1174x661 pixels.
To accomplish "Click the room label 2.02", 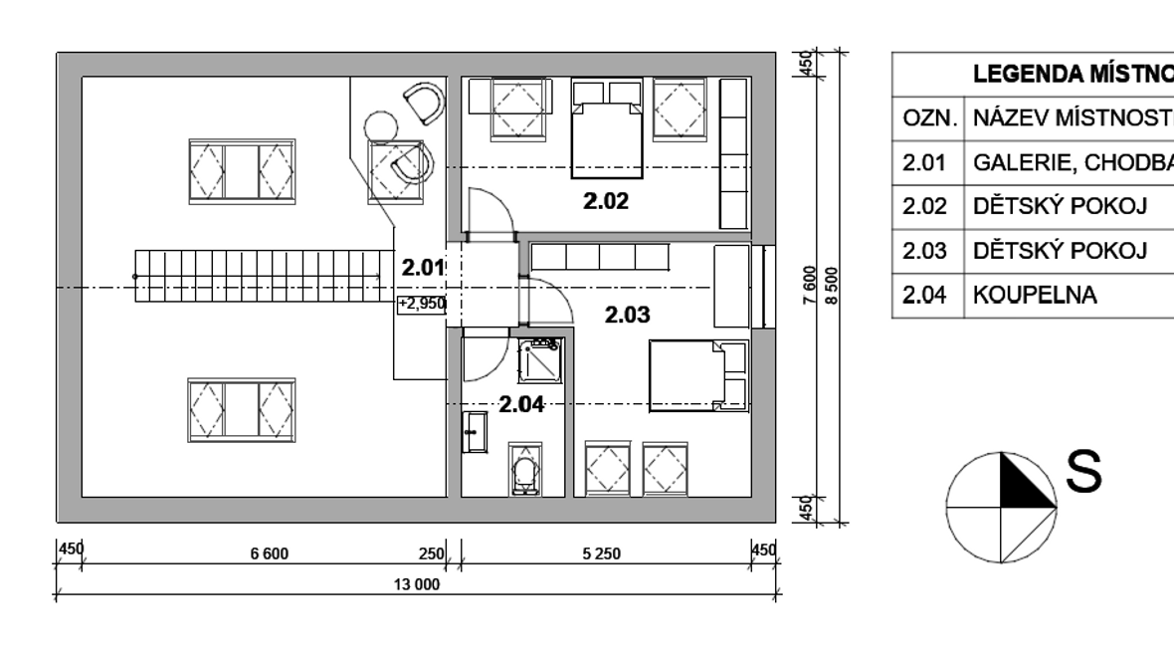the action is pyautogui.click(x=606, y=201).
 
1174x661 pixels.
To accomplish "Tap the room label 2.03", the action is pyautogui.click(x=628, y=315).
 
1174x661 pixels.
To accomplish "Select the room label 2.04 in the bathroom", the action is pyautogui.click(x=521, y=405).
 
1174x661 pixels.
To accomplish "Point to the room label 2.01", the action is pyautogui.click(x=424, y=268).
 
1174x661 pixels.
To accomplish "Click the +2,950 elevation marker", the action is pyautogui.click(x=422, y=304).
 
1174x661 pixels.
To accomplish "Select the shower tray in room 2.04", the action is pyautogui.click(x=539, y=360).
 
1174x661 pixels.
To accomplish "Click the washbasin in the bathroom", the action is pyautogui.click(x=475, y=432).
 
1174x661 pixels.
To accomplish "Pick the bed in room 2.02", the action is pyautogui.click(x=607, y=128).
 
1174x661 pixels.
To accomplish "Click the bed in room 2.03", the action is pyautogui.click(x=698, y=376).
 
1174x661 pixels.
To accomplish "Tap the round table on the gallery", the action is pyautogui.click(x=381, y=125).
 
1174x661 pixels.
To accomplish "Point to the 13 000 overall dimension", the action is pyautogui.click(x=417, y=584).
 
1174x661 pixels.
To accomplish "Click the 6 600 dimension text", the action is pyautogui.click(x=270, y=553).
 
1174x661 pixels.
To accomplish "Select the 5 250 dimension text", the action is pyautogui.click(x=602, y=553).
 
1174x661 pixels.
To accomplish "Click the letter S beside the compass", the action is pyautogui.click(x=1083, y=471).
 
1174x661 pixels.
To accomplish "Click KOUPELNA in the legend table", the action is pyautogui.click(x=1035, y=296).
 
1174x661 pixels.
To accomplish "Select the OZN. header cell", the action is pyautogui.click(x=930, y=118).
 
